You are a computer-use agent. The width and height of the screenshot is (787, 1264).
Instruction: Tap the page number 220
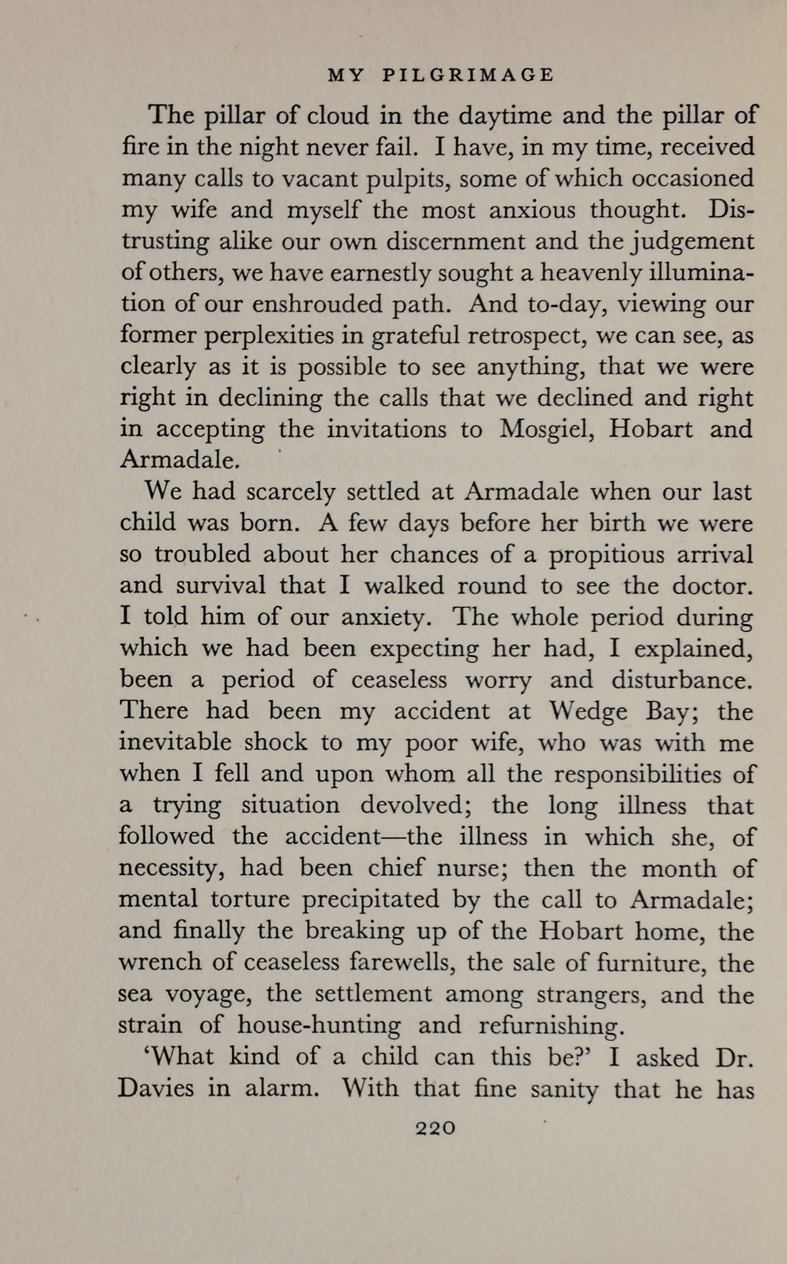point(434,1128)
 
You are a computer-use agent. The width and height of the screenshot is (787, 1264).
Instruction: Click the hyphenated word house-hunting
point(318,1025)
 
